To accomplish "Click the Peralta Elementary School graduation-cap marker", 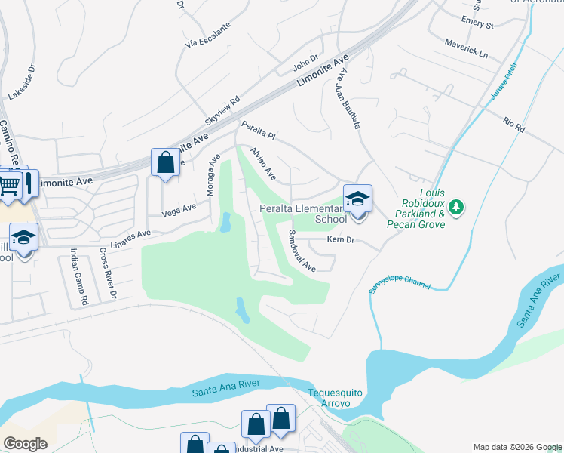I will tap(358, 199).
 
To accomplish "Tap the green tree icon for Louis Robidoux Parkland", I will tap(455, 207).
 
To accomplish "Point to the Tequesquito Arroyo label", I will tap(330, 398).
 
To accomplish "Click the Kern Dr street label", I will tap(341, 240).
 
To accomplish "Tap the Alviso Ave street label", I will tap(264, 164).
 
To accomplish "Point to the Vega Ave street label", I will tap(178, 208).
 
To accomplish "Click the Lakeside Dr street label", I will tap(22, 82).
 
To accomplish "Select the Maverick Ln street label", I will tap(466, 50).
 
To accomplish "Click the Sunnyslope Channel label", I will tap(400, 285).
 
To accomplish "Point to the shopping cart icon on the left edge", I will tap(9, 183).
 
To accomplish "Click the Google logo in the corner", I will tap(25, 443).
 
